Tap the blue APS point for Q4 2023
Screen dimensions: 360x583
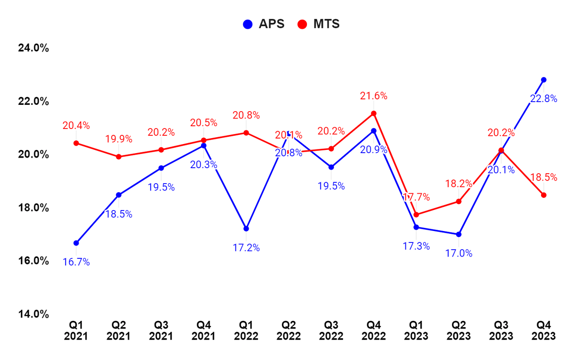pyautogui.click(x=543, y=80)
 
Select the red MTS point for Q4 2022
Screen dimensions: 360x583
pyautogui.click(x=373, y=113)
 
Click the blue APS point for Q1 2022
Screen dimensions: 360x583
pyautogui.click(x=246, y=228)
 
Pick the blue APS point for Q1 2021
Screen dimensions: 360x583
pyautogui.click(x=76, y=243)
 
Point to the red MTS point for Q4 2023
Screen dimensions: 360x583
pyautogui.click(x=543, y=195)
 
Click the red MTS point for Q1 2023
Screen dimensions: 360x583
pyautogui.click(x=416, y=215)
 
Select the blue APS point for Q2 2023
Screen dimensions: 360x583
pyautogui.click(x=459, y=234)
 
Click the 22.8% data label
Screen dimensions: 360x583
pyautogui.click(x=543, y=99)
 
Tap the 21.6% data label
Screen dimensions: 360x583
pyautogui.click(x=373, y=96)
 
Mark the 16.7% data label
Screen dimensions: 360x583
pyautogui.click(x=76, y=262)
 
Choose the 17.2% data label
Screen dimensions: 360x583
pyautogui.click(x=246, y=248)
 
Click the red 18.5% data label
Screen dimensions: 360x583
pyautogui.click(x=543, y=178)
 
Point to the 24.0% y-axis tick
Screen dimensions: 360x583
pyautogui.click(x=33, y=48)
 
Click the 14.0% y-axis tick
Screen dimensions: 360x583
pyautogui.click(x=33, y=314)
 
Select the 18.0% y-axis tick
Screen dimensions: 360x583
pyautogui.click(x=33, y=207)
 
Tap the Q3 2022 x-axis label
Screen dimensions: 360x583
pyautogui.click(x=331, y=331)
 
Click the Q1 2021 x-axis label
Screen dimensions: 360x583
pyautogui.click(x=76, y=331)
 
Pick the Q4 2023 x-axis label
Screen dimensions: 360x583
pyautogui.click(x=543, y=331)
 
